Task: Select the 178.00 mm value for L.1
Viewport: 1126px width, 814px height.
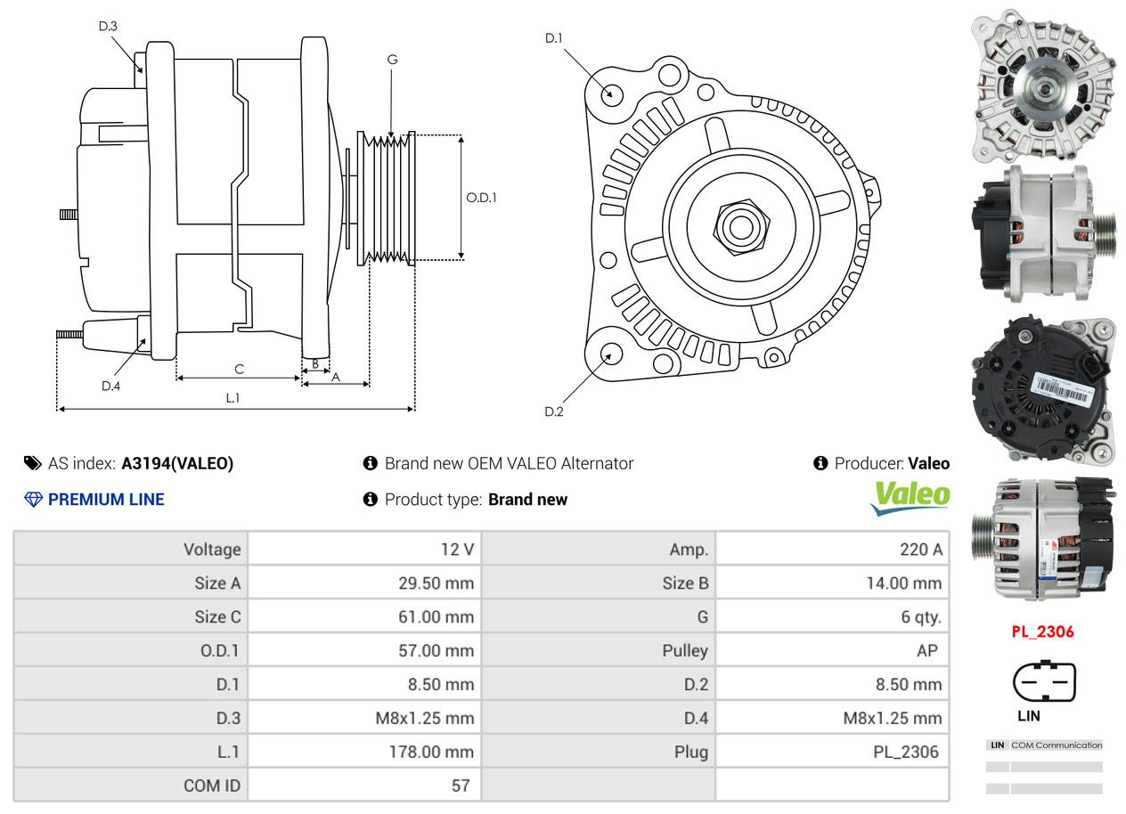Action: pos(431,752)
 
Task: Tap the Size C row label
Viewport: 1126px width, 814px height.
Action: pos(217,616)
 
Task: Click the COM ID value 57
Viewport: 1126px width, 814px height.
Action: pos(461,786)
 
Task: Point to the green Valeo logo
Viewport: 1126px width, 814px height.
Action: pos(910,498)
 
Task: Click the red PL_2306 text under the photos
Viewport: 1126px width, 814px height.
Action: pos(1042,631)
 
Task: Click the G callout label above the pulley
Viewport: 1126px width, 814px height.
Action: pos(392,60)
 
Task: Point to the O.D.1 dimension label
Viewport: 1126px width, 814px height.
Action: pos(481,198)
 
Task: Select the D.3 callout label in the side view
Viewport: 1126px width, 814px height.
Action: pos(108,26)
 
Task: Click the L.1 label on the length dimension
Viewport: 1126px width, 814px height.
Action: pos(233,398)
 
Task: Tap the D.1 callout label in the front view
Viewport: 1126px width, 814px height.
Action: pos(553,38)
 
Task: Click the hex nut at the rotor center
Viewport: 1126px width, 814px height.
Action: pos(741,227)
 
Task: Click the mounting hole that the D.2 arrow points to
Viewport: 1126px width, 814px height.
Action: pos(611,353)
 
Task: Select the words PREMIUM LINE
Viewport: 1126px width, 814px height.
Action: pos(106,500)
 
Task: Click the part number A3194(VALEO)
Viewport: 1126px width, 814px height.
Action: pos(177,463)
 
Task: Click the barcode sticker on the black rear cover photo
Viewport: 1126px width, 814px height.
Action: pos(1061,389)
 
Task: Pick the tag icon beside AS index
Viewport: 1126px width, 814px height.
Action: pos(33,463)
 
